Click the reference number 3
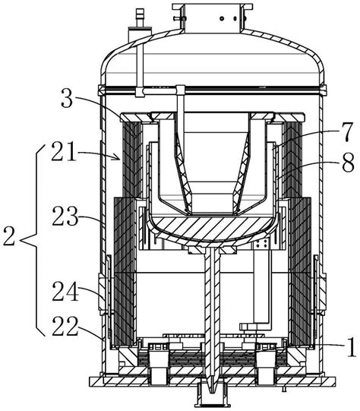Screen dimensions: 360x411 point(67,99)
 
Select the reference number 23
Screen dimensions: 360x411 point(65,217)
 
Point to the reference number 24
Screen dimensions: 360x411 point(65,291)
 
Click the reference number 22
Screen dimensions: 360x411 point(65,327)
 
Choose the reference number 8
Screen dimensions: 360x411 point(349,163)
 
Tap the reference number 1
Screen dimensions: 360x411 point(352,346)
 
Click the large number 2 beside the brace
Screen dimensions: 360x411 point(9,236)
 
